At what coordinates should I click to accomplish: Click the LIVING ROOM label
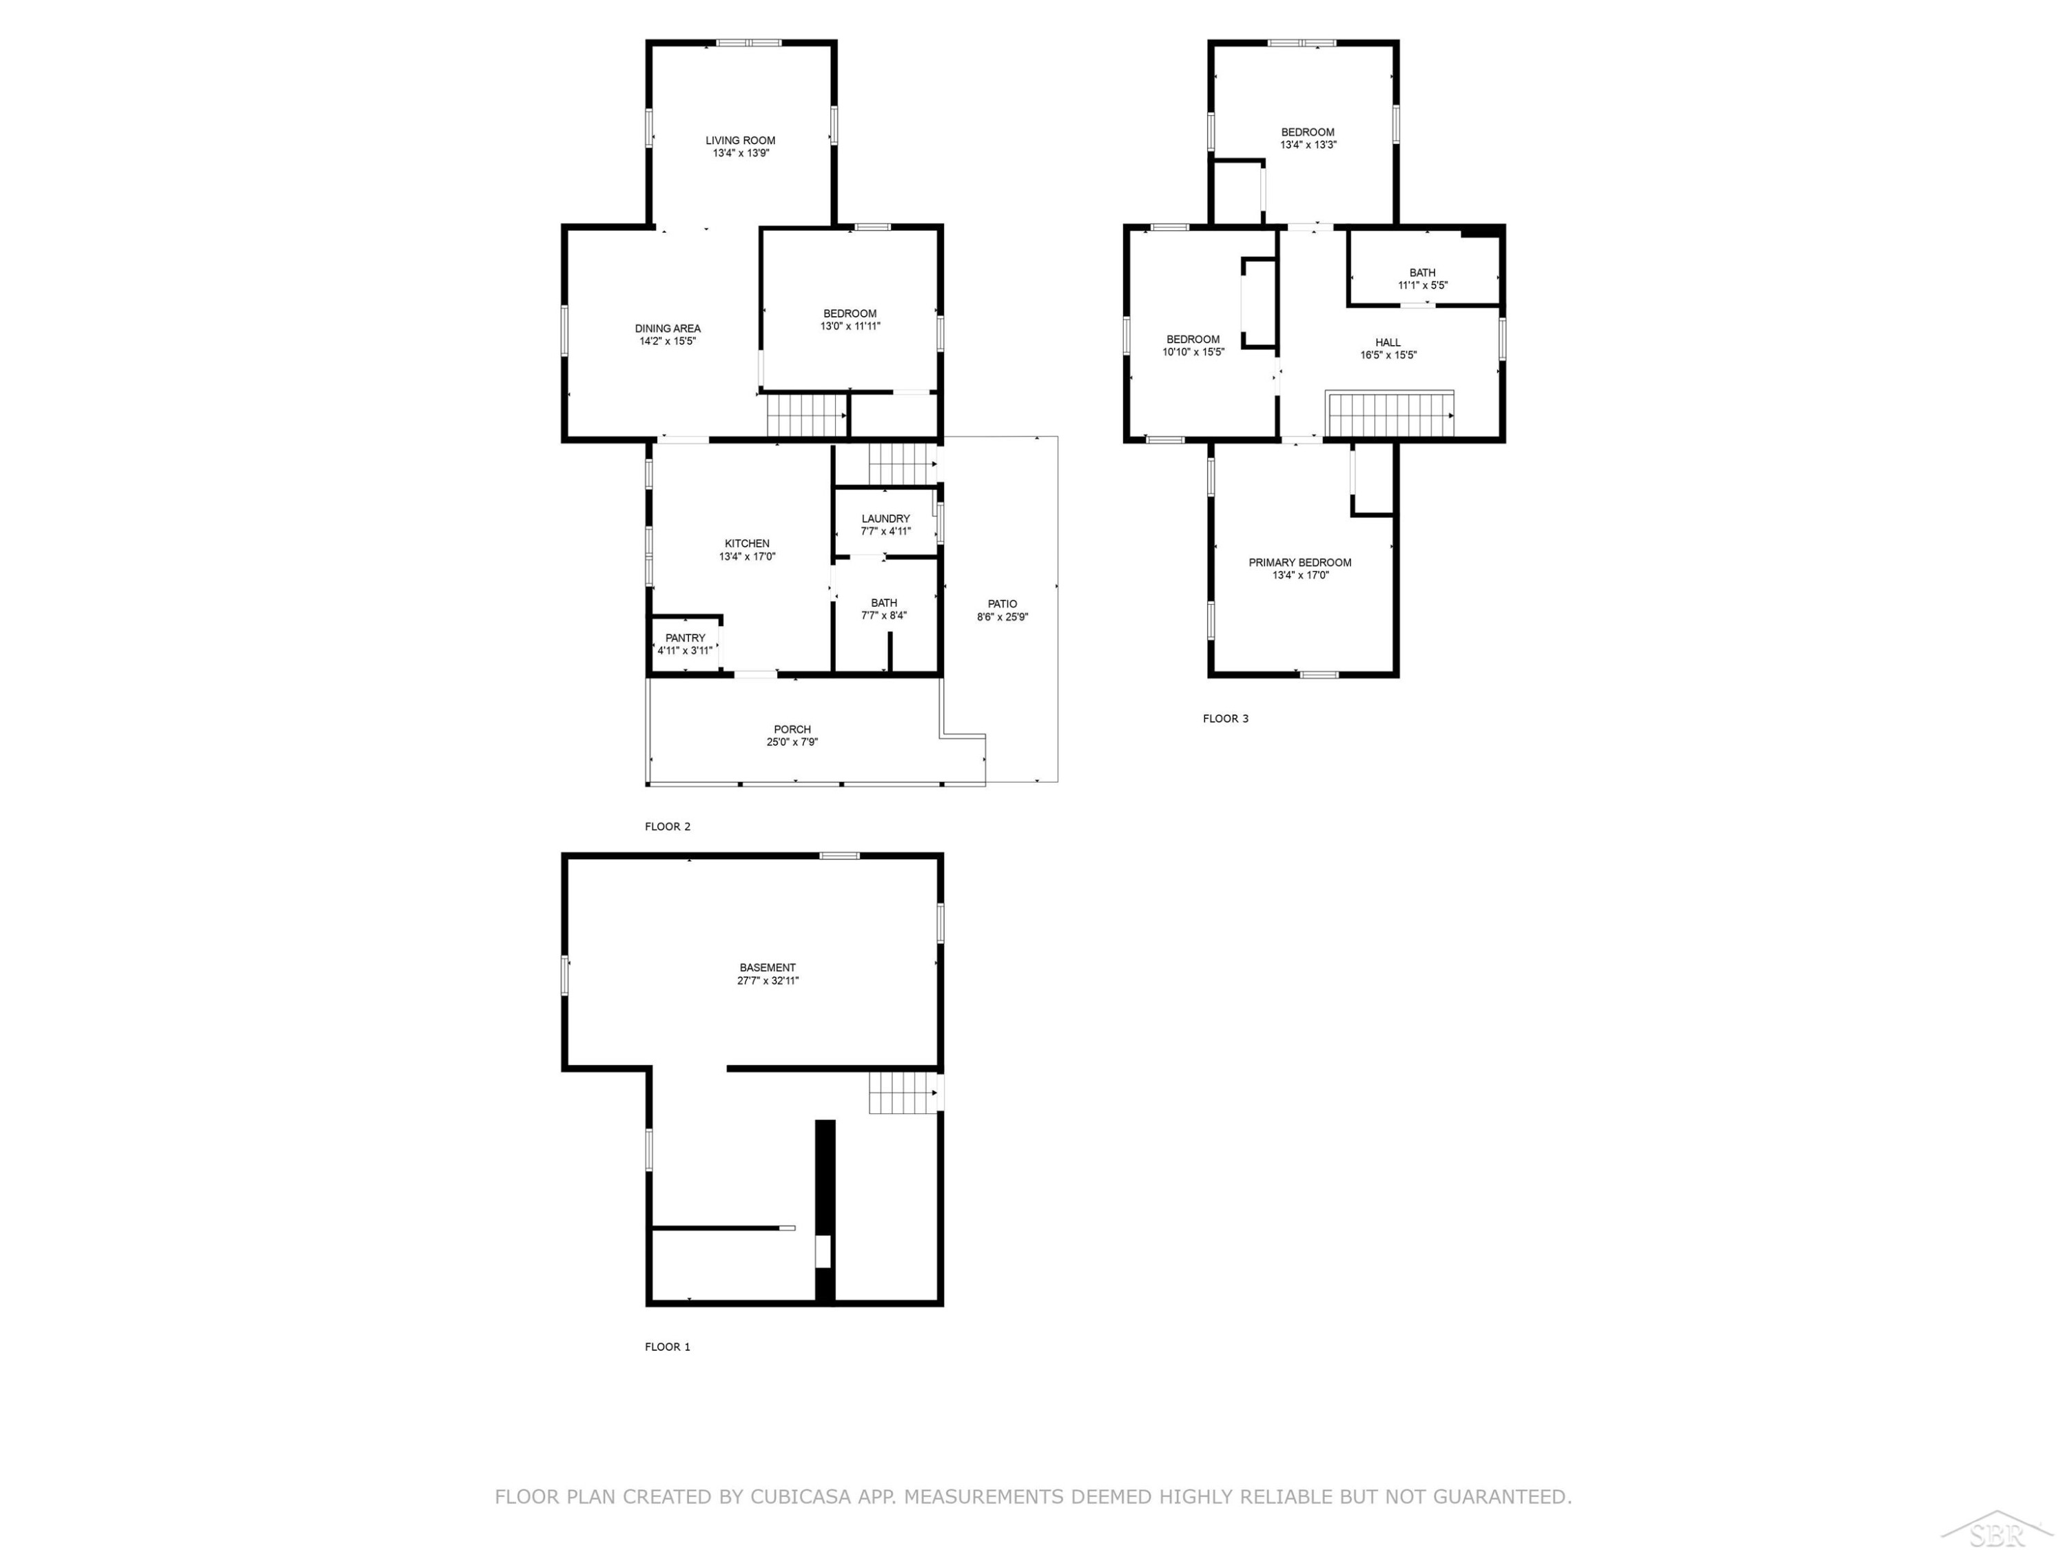740,140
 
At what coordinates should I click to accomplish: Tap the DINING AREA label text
667,329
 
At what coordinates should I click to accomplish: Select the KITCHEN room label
747,544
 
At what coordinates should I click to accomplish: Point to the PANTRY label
685,638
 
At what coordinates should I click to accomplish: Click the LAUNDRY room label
885,519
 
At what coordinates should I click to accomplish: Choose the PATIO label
1002,603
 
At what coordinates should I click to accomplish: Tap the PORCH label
792,730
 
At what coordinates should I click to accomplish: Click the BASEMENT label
767,968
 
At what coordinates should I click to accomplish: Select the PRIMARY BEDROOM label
1300,562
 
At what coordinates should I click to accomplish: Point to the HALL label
1388,343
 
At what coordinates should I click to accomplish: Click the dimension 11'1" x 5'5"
1422,286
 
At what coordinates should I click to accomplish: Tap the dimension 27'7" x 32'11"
767,981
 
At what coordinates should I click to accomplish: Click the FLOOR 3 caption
1225,719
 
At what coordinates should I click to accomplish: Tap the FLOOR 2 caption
667,827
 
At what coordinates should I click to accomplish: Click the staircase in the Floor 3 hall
1390,415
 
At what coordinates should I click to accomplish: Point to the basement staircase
903,1092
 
